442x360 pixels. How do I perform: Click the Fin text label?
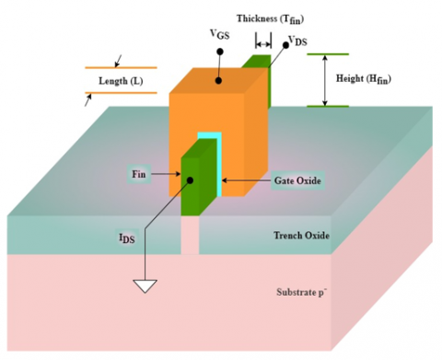click(141, 172)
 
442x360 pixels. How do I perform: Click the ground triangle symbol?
click(145, 286)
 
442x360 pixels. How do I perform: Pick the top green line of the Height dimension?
click(328, 54)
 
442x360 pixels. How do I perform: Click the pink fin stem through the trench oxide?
click(189, 238)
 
